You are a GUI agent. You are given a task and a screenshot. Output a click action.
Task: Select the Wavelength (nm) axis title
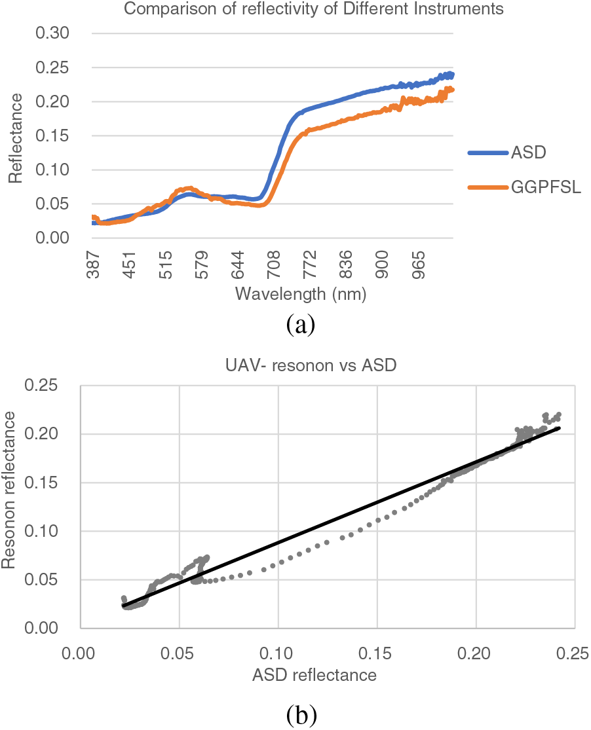click(x=300, y=294)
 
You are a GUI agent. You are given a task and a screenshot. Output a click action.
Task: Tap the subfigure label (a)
click(x=301, y=324)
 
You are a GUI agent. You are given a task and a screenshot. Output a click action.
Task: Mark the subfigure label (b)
click(x=301, y=716)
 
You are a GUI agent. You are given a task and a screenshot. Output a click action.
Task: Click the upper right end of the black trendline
click(x=560, y=428)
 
